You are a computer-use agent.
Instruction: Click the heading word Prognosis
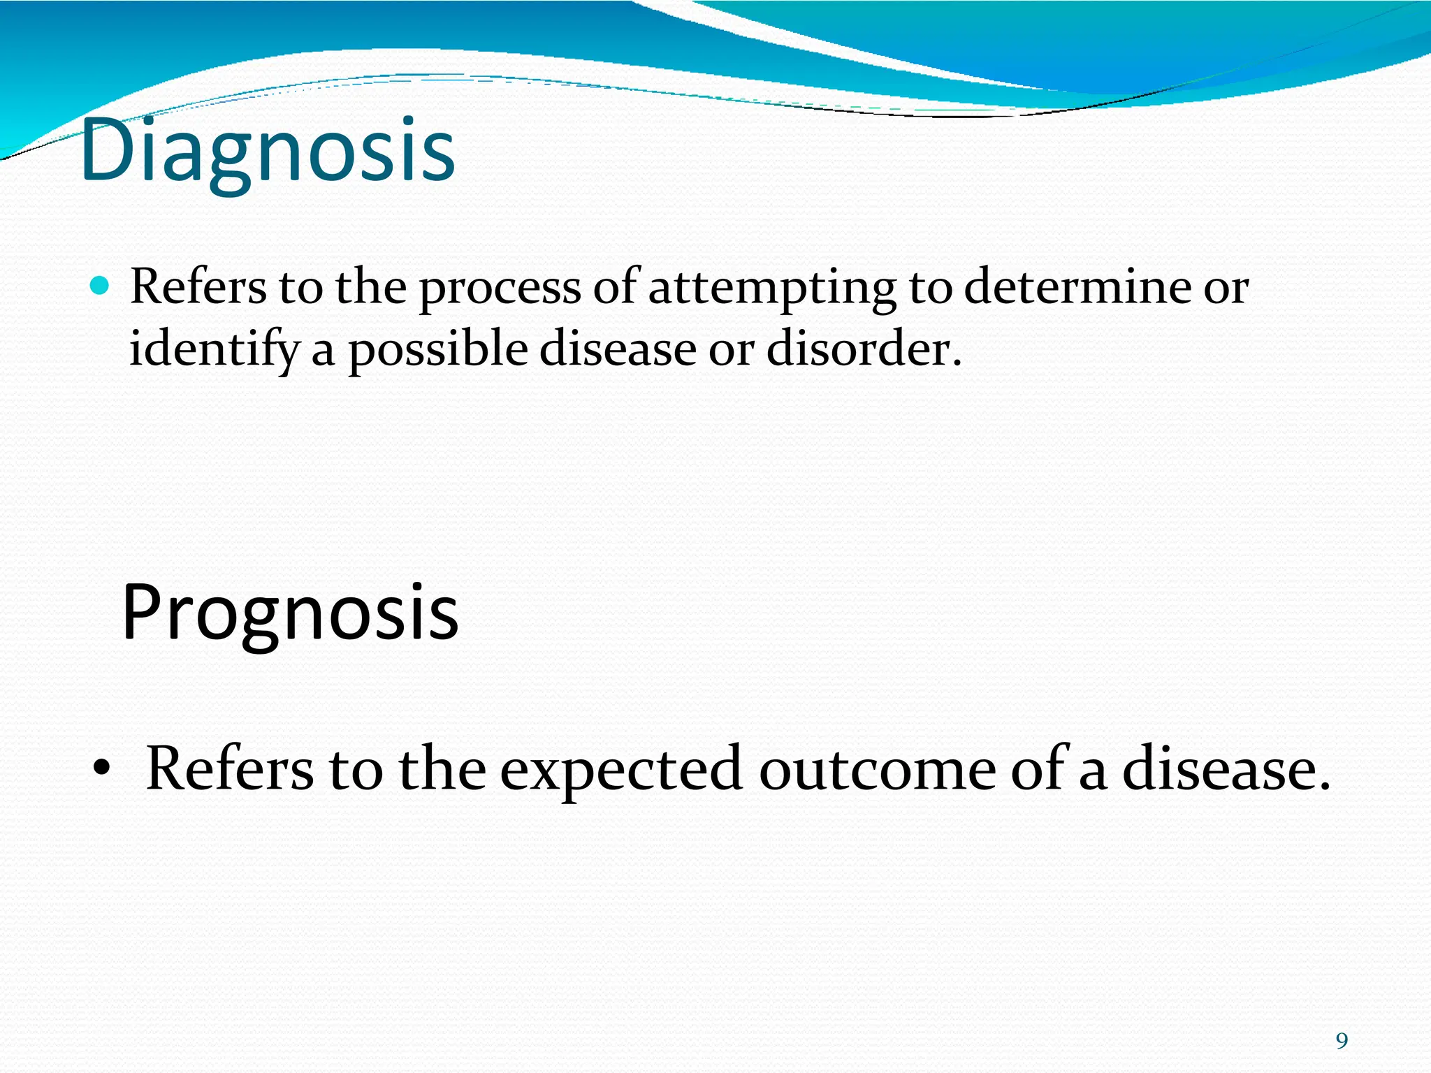pyautogui.click(x=290, y=613)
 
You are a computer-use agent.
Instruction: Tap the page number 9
pyautogui.click(x=1342, y=1041)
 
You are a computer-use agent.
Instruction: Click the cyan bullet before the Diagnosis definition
pyautogui.click(x=101, y=286)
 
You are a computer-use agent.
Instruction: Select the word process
pyautogui.click(x=499, y=288)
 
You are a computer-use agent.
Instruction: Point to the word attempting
pyautogui.click(x=772, y=288)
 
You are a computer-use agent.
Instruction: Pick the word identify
pyautogui.click(x=213, y=349)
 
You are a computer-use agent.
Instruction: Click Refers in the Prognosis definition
pyautogui.click(x=230, y=768)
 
